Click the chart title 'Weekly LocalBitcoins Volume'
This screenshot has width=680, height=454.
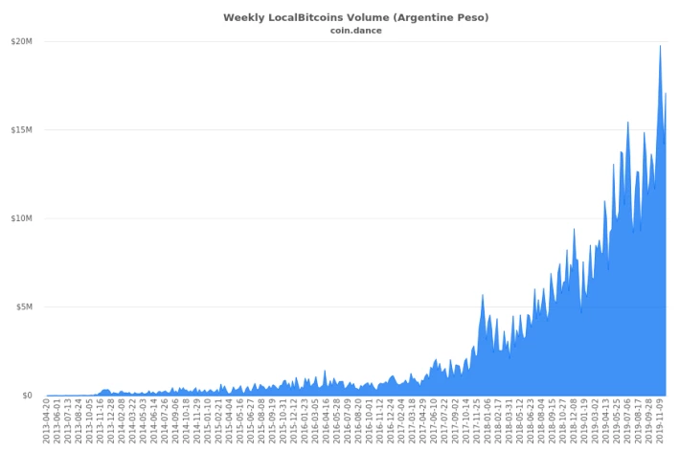click(x=306, y=18)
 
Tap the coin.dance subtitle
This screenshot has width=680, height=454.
click(x=356, y=31)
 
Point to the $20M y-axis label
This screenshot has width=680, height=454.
click(x=22, y=41)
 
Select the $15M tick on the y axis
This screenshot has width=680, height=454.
click(x=22, y=130)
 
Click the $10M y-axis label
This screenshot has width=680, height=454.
click(x=22, y=218)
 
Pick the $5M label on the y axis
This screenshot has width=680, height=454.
click(x=24, y=307)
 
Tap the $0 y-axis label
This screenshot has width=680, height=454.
click(x=28, y=396)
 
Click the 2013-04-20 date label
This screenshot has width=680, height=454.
click(x=46, y=421)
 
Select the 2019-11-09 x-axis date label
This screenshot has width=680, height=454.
click(x=660, y=421)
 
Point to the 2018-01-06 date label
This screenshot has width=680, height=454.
click(x=487, y=421)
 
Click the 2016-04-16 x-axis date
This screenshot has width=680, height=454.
click(x=327, y=421)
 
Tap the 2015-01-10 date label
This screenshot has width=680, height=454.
click(x=208, y=421)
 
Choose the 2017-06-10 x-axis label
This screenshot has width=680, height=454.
click(x=434, y=421)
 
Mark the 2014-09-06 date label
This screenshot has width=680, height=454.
click(x=175, y=421)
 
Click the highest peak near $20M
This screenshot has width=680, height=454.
click(x=661, y=46)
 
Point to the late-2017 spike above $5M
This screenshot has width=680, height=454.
click(x=483, y=295)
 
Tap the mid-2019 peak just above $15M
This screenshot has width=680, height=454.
click(x=627, y=123)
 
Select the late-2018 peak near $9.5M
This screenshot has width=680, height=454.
click(x=575, y=229)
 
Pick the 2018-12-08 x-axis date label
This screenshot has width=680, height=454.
click(x=574, y=421)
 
